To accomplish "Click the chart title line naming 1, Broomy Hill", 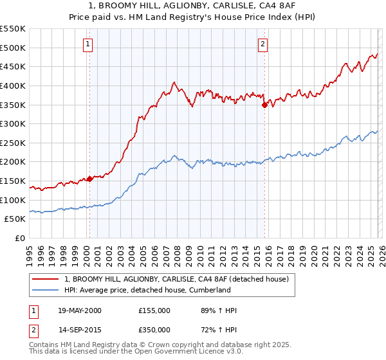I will click(192, 6).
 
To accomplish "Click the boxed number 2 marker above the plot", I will click(263, 44).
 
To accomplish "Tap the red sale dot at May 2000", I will click(90, 179).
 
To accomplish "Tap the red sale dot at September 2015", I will click(264, 105).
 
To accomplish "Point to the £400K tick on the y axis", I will click(14, 85).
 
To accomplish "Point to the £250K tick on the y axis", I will click(14, 143).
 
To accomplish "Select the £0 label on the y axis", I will click(21, 239).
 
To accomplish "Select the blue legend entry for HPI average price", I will click(147, 290).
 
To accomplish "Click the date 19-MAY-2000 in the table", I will click(79, 310).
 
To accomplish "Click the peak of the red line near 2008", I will click(174, 82).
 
